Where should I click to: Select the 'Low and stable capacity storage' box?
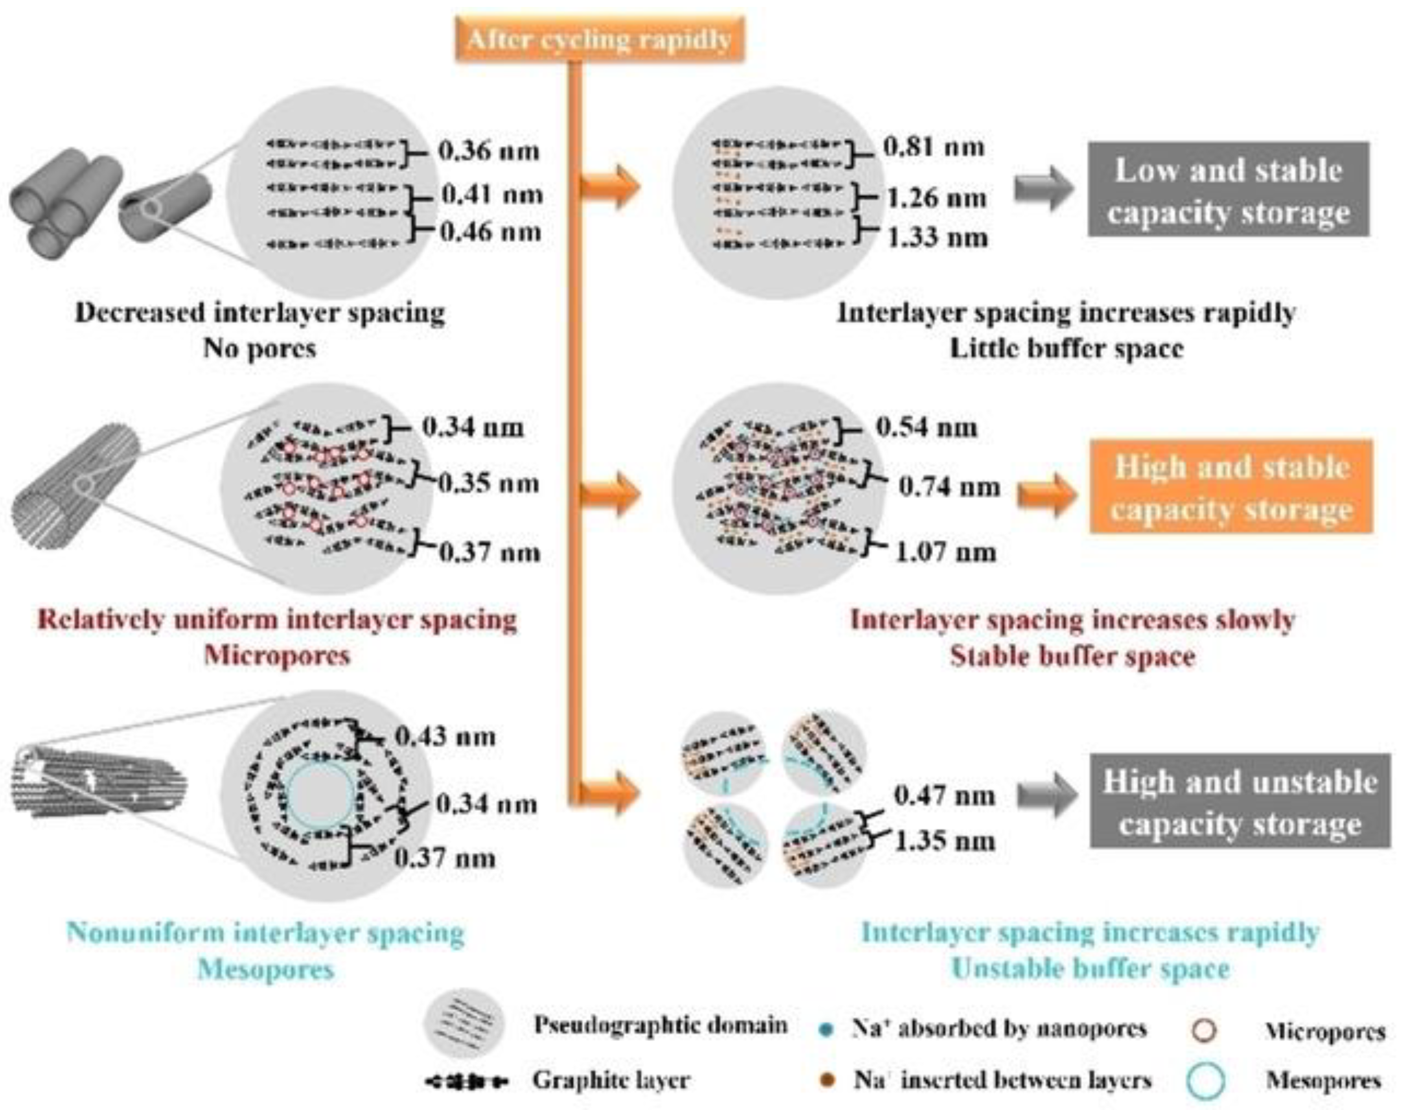coord(1228,189)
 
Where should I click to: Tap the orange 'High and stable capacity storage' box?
coord(1231,487)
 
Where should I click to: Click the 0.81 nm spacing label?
coord(933,147)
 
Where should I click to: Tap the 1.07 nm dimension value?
coord(946,552)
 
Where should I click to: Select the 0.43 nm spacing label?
coord(445,736)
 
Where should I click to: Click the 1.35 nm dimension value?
coord(945,842)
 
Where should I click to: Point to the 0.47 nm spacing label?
coord(944,795)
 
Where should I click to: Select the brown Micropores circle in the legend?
coord(1205,1031)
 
